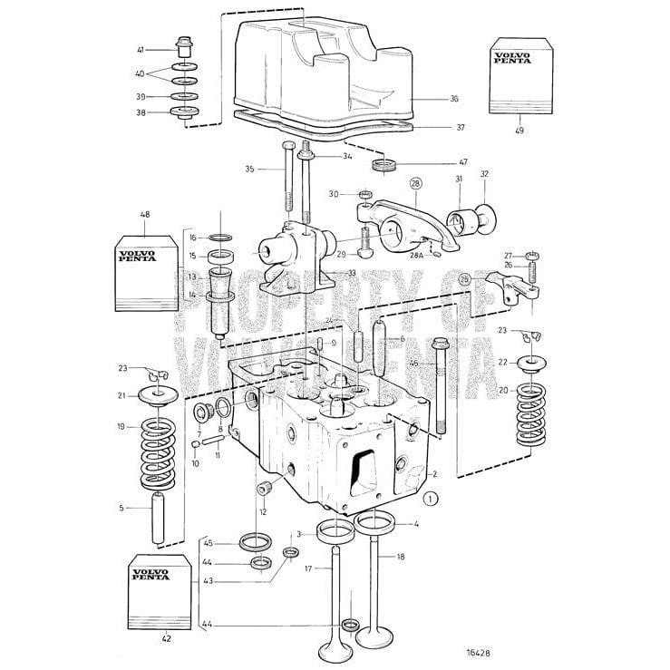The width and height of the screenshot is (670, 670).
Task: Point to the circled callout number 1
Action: [x=432, y=497]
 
